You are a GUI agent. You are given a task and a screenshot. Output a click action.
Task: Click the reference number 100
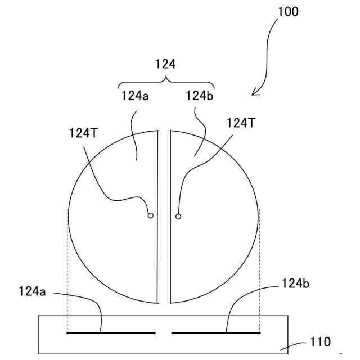288,11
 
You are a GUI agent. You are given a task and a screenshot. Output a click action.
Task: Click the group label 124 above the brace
165,65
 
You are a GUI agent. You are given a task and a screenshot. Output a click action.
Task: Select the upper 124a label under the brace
135,96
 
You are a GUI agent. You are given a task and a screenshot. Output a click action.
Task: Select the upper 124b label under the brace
199,96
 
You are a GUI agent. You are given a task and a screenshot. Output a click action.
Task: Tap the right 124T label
241,123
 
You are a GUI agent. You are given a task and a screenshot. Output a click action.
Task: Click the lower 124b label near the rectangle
295,284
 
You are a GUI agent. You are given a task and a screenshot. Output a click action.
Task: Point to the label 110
320,341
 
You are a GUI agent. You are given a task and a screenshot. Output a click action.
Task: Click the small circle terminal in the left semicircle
150,215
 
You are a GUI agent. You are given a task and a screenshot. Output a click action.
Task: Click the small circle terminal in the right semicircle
178,216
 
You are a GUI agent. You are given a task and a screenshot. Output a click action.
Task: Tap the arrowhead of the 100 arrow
254,93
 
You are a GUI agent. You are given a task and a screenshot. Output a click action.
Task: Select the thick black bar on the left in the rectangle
111,333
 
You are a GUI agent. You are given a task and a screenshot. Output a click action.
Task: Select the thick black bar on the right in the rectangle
215,333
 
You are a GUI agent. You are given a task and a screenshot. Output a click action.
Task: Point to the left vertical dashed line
67,270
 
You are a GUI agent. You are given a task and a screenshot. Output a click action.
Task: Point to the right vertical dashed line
260,270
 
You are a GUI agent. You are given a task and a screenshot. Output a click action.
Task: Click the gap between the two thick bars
164,333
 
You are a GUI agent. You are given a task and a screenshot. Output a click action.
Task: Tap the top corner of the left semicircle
157,132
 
